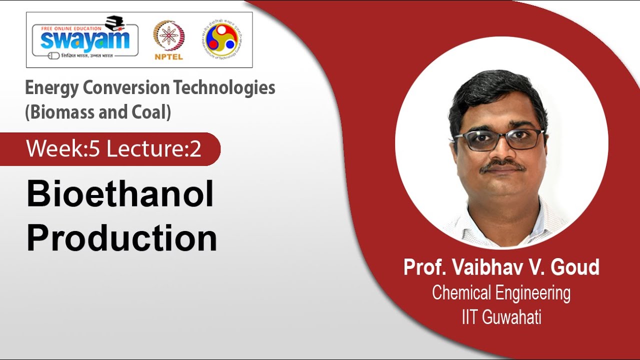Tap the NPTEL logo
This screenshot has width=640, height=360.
168,40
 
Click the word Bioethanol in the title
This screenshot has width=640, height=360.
120,195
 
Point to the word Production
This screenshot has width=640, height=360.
121,238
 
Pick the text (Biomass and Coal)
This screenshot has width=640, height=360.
98,112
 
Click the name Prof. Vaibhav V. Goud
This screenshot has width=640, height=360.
501,267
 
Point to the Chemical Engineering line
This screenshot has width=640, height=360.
501,293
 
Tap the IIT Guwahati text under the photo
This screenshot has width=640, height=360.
501,317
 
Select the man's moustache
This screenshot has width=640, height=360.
502,165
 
